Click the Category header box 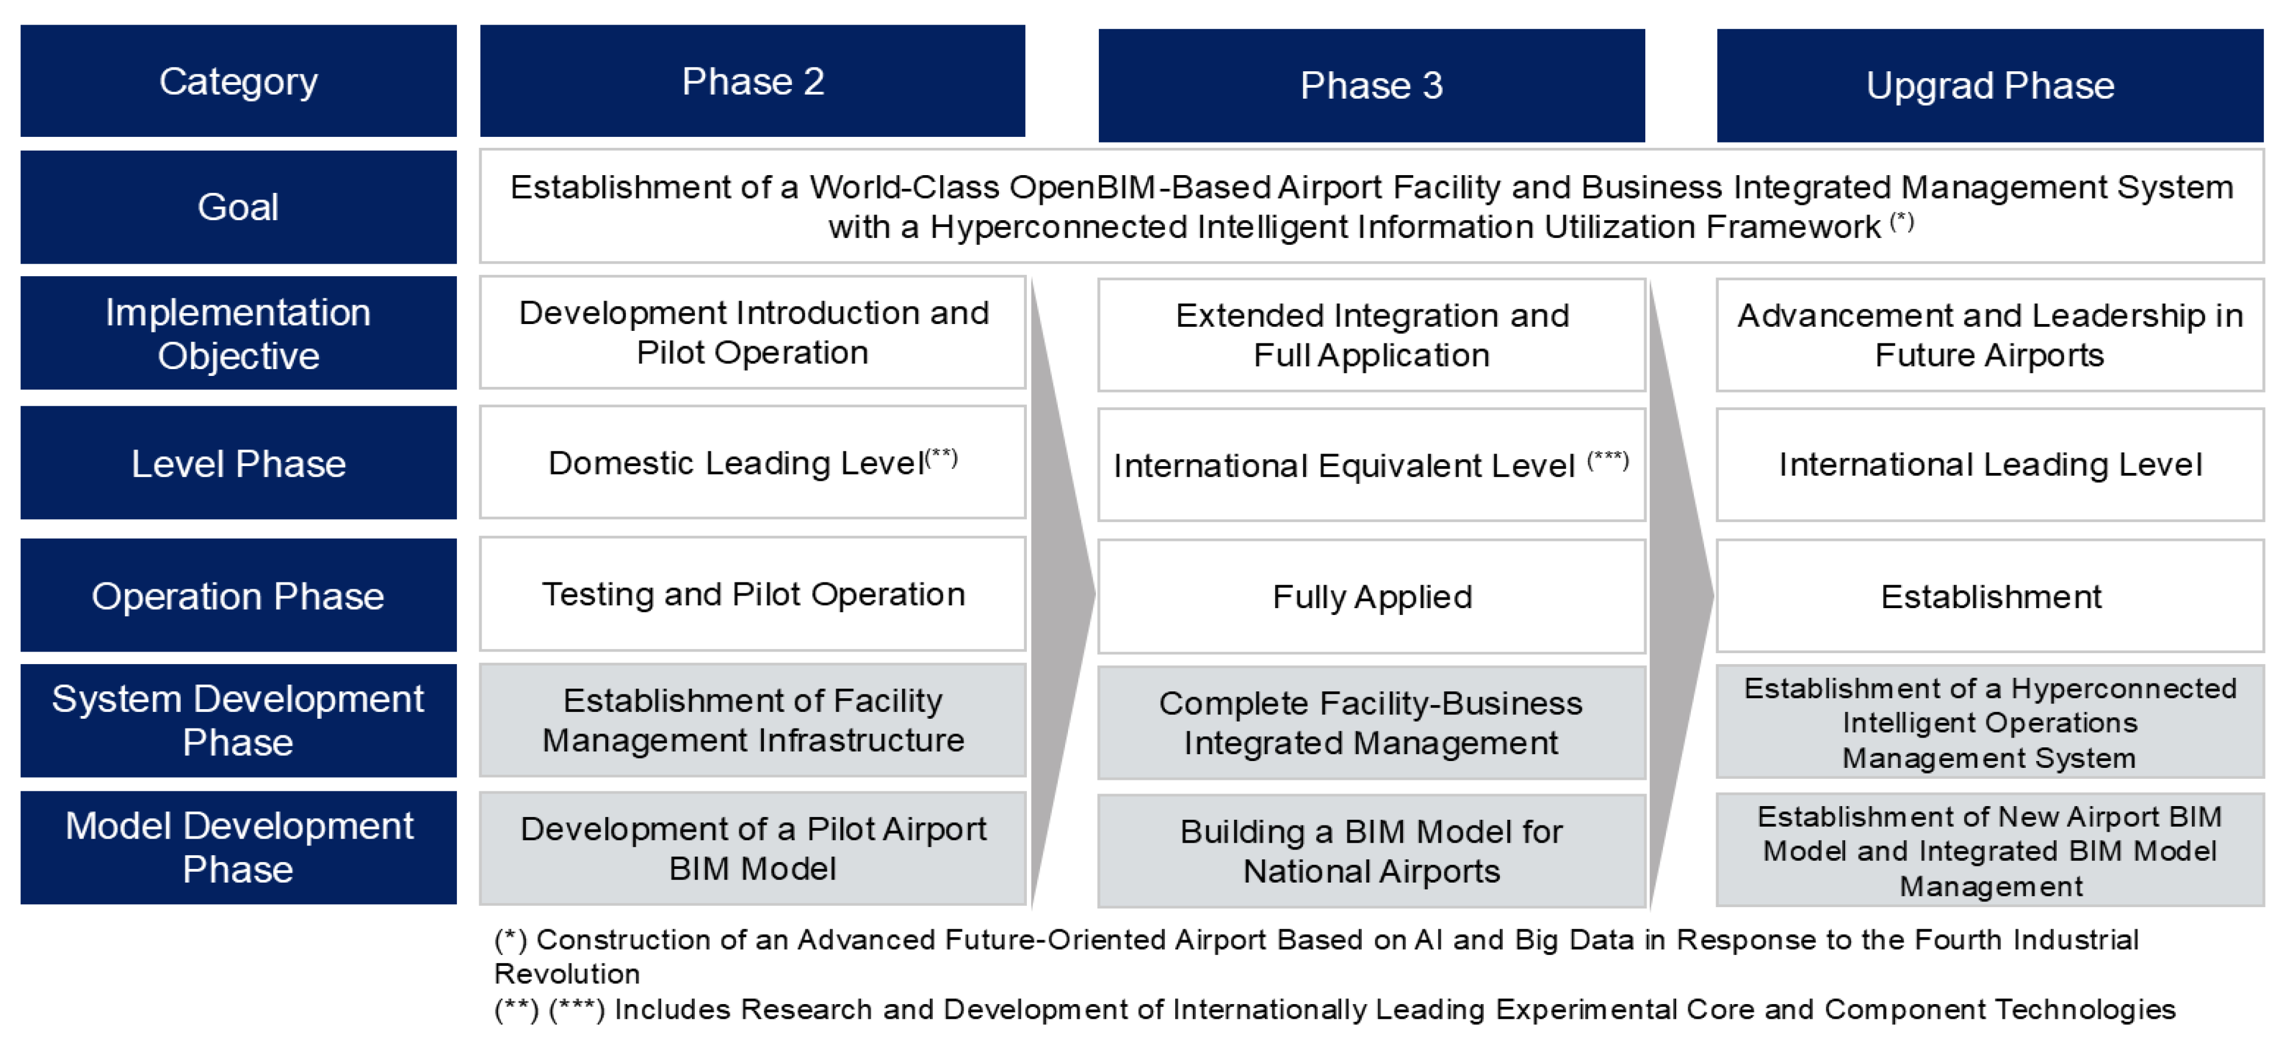[x=238, y=81]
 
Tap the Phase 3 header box [x=1371, y=86]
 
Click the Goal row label [x=238, y=207]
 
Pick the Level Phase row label [x=238, y=463]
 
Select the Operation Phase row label [x=238, y=595]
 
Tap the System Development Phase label [x=238, y=721]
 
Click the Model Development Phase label [x=238, y=848]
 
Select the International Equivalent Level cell [x=1371, y=465]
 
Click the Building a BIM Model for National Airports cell [x=1371, y=851]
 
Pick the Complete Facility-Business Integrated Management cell [x=1371, y=723]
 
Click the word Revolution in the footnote [x=567, y=974]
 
